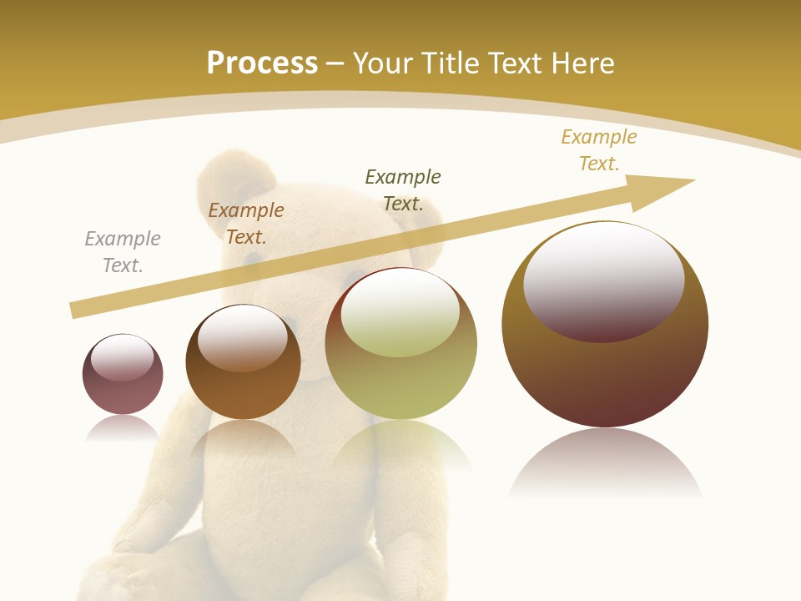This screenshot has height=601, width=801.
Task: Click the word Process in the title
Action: pyautogui.click(x=262, y=63)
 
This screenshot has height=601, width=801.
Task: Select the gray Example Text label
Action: pyautogui.click(x=123, y=252)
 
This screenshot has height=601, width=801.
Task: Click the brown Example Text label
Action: pyautogui.click(x=246, y=224)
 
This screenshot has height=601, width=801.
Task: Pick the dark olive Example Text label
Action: pyautogui.click(x=403, y=190)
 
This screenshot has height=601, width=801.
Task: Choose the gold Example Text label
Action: pyautogui.click(x=599, y=150)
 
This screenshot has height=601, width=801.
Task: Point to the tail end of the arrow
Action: pyautogui.click(x=75, y=311)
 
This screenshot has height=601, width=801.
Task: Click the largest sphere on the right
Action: pyautogui.click(x=605, y=376)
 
